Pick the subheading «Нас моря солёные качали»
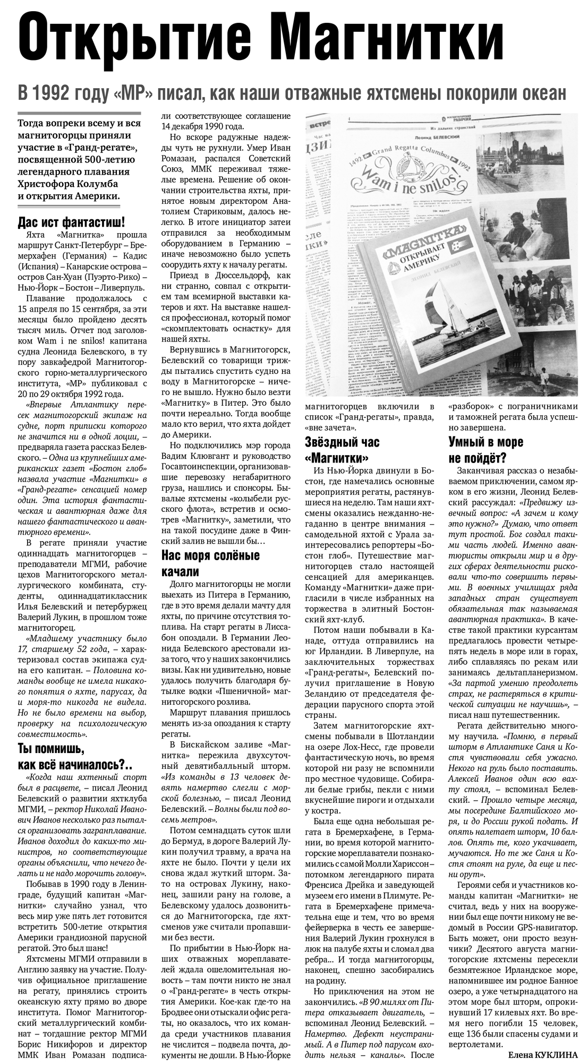point(210,563)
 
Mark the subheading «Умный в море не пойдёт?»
point(485,449)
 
